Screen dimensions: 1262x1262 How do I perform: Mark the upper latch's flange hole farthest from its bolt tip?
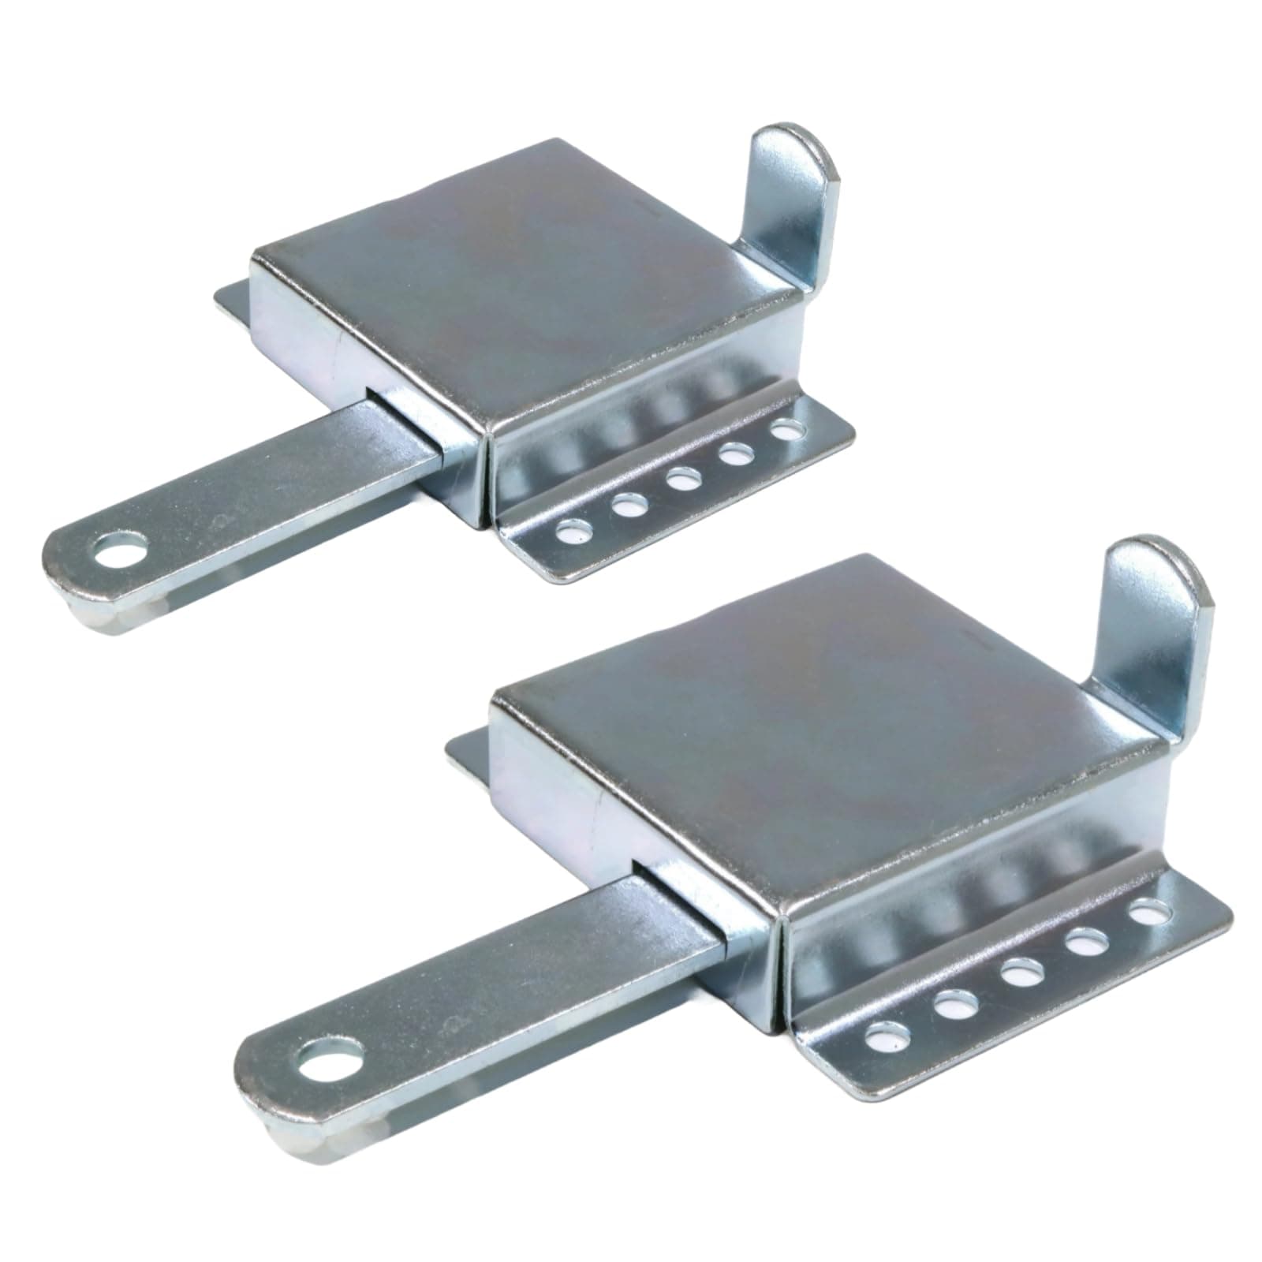click(x=786, y=431)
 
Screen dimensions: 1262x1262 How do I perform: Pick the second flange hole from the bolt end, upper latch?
click(x=628, y=505)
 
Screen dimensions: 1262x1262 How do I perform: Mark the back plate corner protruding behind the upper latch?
click(x=233, y=304)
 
